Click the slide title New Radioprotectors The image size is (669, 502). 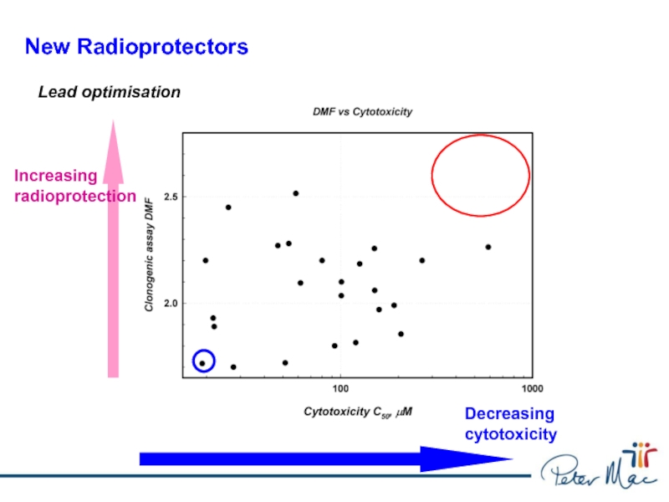coord(136,47)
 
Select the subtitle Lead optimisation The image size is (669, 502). coord(110,92)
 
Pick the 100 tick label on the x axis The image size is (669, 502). coord(340,390)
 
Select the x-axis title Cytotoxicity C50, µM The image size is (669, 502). coord(358,412)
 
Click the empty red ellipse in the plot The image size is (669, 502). coord(480,175)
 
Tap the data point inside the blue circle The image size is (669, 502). coord(202,363)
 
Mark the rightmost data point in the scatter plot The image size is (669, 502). coord(488,247)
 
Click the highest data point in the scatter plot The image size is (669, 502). coord(296,193)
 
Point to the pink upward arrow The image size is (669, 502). coord(114,251)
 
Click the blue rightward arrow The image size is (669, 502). coord(326,458)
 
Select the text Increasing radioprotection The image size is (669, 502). coord(74,186)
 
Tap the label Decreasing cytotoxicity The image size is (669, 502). coord(510,424)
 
